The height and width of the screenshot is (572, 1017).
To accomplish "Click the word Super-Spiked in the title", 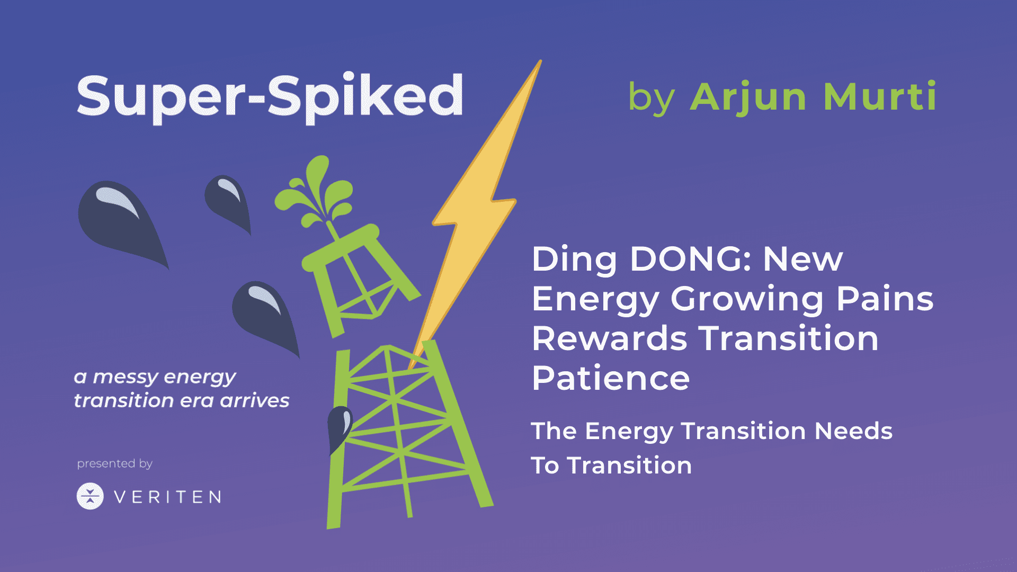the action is tap(270, 97).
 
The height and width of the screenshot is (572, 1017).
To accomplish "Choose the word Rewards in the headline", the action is tap(610, 338).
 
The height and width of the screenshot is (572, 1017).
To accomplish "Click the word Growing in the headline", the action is tap(747, 300).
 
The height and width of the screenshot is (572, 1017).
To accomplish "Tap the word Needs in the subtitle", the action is tap(853, 431).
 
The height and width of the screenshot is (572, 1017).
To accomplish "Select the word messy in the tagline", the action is tap(125, 378).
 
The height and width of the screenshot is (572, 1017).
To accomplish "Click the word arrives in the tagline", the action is tap(255, 401).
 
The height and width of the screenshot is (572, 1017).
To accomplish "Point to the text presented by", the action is tap(115, 464).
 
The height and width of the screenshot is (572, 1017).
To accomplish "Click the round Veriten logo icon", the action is tap(90, 496).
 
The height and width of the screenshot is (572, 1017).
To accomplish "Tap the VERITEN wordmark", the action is tap(167, 497).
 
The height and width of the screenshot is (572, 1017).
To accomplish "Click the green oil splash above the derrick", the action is tap(316, 194).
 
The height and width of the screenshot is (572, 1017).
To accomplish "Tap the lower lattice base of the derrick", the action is tap(408, 434).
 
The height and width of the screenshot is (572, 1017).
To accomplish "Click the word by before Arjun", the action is tap(651, 99).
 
